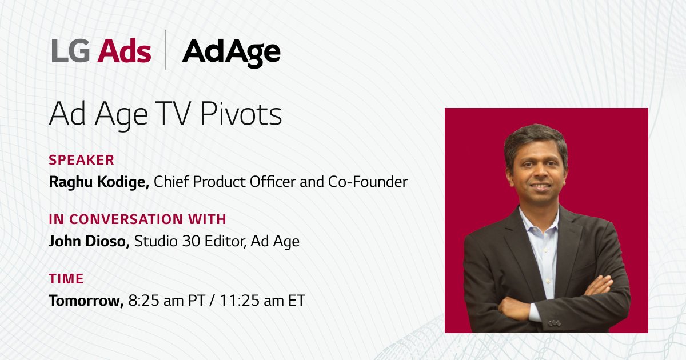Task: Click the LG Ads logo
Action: [101, 51]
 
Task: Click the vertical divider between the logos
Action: [166, 50]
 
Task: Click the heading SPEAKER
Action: [82, 160]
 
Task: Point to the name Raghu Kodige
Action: [98, 182]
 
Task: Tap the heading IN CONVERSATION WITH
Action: [137, 219]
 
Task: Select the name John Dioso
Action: [89, 241]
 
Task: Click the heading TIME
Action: [66, 279]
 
